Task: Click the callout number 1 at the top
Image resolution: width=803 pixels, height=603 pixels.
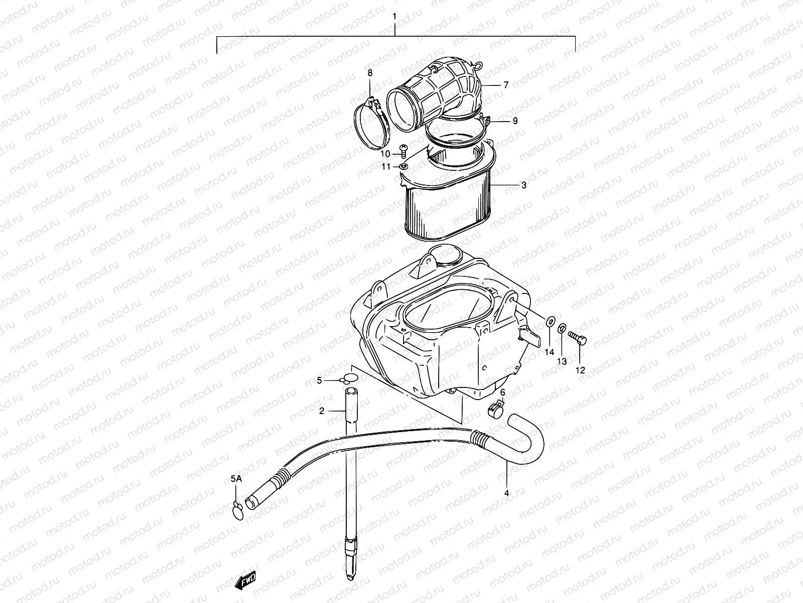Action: (x=394, y=16)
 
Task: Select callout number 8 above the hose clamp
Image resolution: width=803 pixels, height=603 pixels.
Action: (x=370, y=73)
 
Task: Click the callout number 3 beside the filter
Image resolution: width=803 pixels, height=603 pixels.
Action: (x=523, y=185)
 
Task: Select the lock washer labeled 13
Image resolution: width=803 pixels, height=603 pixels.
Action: (x=562, y=330)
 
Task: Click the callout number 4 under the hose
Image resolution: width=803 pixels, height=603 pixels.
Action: (x=506, y=493)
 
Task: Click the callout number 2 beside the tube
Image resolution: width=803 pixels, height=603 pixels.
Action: (x=322, y=411)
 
